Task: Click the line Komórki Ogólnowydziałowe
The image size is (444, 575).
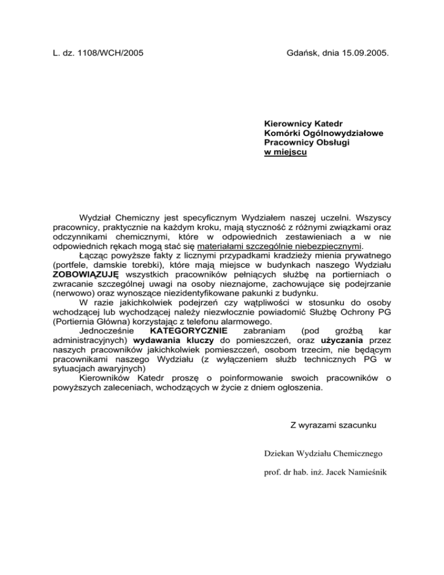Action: [x=324, y=134]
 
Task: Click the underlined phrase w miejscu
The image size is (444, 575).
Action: [x=285, y=153]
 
